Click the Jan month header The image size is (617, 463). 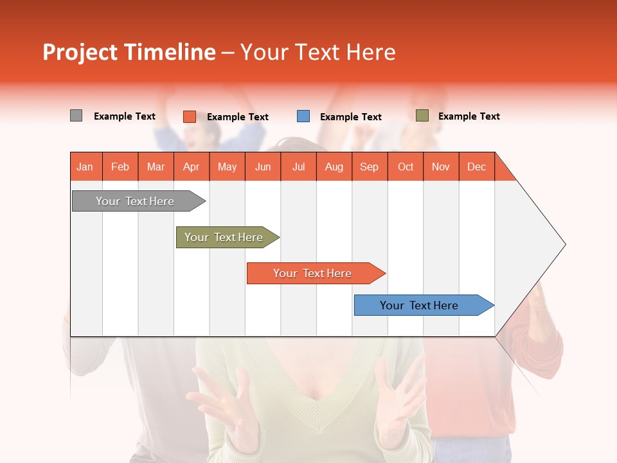(85, 167)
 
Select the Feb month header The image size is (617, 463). (120, 167)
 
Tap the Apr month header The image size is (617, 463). (192, 167)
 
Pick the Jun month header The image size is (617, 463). (263, 167)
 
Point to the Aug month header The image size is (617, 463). (334, 167)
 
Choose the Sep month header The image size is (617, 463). (370, 167)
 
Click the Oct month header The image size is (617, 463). (406, 167)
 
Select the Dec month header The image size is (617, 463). (477, 167)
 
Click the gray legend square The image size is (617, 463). (76, 116)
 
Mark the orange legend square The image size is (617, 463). (189, 116)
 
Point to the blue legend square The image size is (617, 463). (303, 116)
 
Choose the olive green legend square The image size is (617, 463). (422, 116)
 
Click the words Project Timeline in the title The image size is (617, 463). (129, 52)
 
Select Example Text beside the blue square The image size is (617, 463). (351, 117)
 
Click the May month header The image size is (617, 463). (227, 167)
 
